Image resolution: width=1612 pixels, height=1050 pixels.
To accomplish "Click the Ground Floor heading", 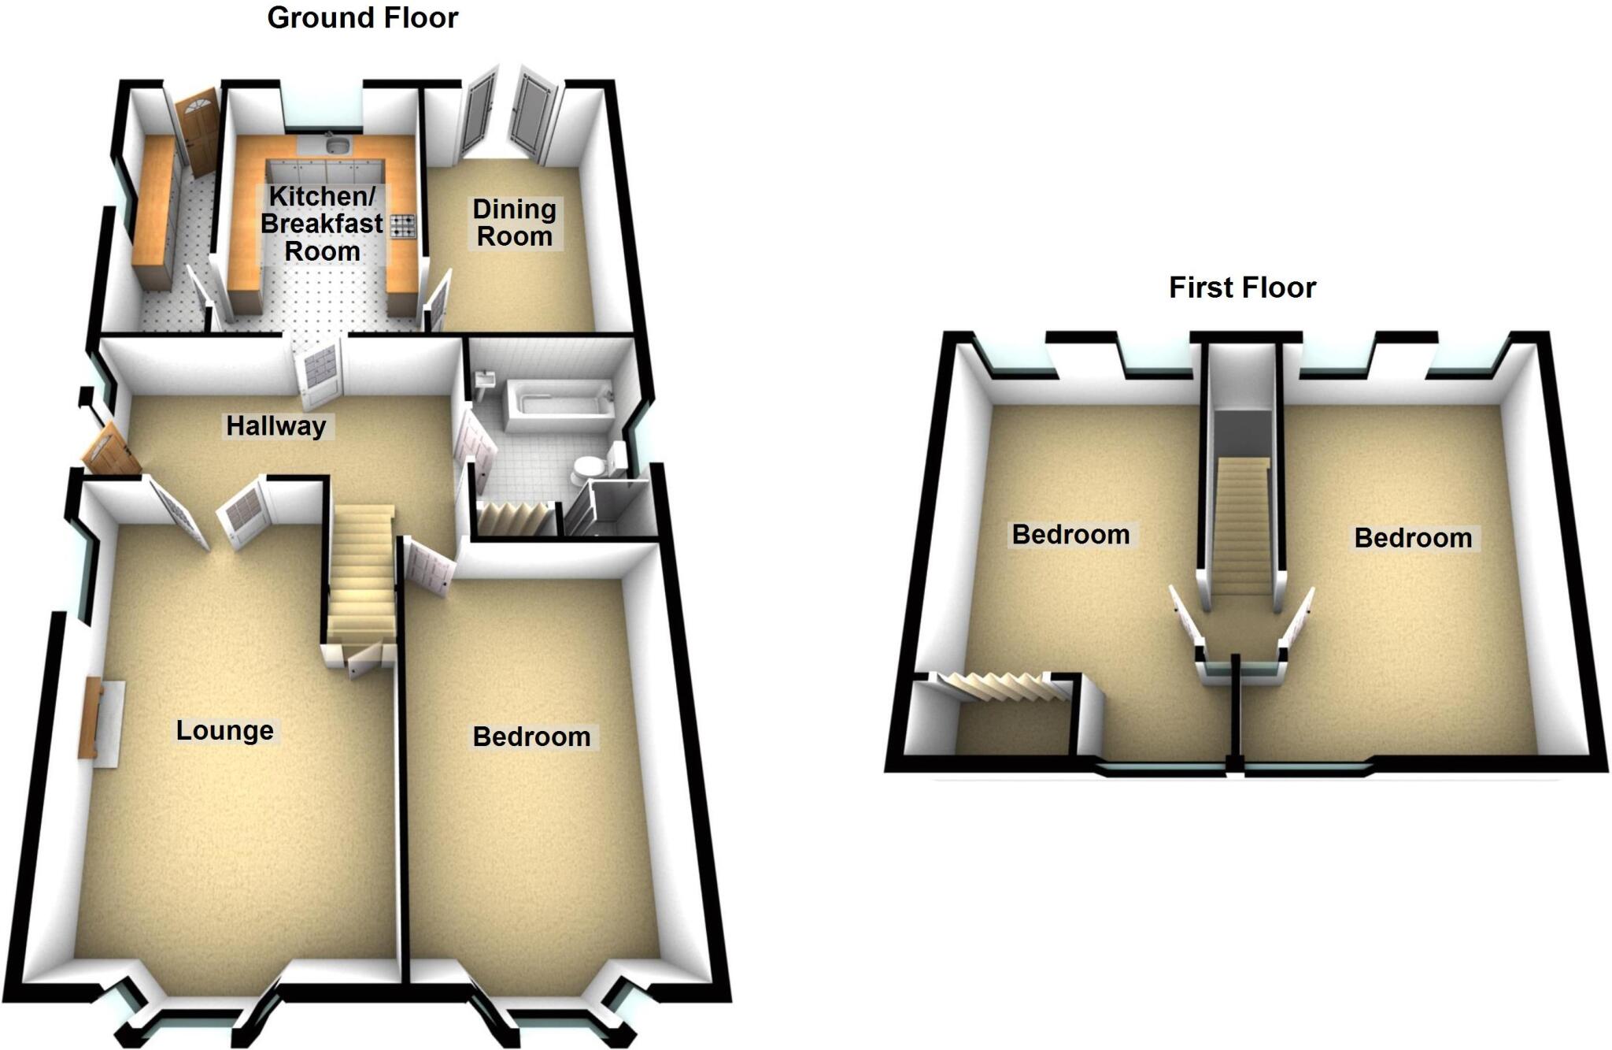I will pos(362,17).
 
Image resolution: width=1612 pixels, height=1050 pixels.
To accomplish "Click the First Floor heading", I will pos(1242,288).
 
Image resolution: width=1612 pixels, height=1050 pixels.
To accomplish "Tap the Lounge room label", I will pos(224,730).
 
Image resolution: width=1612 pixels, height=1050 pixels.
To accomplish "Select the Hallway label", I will pos(275,426).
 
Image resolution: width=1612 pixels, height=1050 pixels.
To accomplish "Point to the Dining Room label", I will pos(515,223).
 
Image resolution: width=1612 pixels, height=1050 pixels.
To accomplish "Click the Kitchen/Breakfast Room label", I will pos(322,224).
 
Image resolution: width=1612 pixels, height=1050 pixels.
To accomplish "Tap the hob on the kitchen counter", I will pos(402,228).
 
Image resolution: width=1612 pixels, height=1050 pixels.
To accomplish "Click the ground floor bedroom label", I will pos(531,736).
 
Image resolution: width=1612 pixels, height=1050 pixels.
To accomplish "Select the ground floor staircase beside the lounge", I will pos(360,575).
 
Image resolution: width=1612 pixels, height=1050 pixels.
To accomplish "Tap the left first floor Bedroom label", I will pos(1070,535).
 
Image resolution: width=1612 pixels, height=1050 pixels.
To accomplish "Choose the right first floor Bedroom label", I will pos(1413,538).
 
